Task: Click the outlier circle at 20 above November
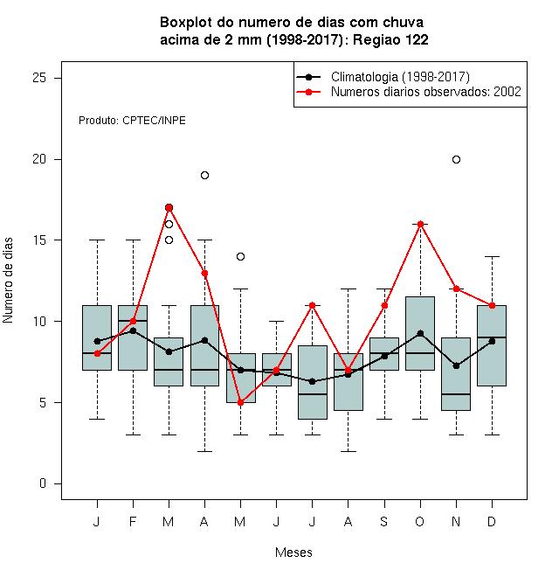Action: click(456, 159)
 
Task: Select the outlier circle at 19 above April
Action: click(205, 175)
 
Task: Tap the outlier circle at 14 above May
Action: click(240, 256)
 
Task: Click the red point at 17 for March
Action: click(169, 207)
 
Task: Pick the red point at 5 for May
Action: click(240, 402)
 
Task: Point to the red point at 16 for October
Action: click(420, 224)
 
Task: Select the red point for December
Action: click(492, 305)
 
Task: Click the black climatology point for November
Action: click(456, 365)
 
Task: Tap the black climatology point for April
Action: click(205, 340)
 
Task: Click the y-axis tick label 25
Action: click(39, 78)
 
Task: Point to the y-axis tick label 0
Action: click(43, 483)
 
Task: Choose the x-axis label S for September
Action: click(384, 521)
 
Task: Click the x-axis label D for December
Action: click(492, 521)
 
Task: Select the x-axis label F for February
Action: click(133, 521)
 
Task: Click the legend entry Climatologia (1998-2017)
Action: click(400, 77)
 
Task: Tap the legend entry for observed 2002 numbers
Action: click(426, 92)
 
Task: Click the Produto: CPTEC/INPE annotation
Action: click(132, 121)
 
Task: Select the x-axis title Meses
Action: click(293, 553)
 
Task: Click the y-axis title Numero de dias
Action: click(8, 281)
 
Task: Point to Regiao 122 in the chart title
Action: click(390, 39)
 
